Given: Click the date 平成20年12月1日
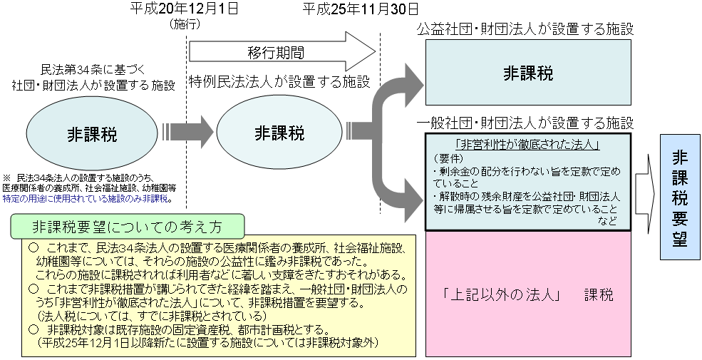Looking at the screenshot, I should [x=184, y=9].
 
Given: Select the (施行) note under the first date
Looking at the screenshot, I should [x=184, y=25].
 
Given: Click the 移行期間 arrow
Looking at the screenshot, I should [x=282, y=51].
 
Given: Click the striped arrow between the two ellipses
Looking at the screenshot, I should [x=186, y=133].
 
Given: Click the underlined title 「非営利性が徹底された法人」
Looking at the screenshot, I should [x=528, y=144].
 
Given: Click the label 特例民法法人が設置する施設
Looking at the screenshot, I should [x=279, y=82].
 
